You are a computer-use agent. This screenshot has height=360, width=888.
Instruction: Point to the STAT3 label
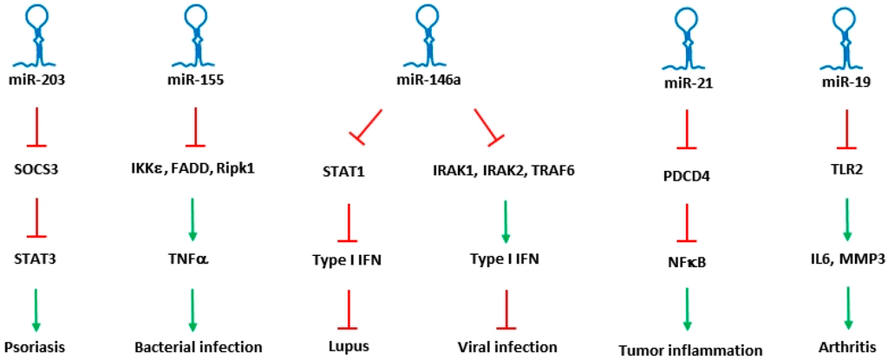click(x=36, y=259)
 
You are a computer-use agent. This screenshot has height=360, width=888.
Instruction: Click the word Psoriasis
click(x=36, y=347)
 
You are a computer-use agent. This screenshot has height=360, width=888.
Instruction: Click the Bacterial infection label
click(x=198, y=347)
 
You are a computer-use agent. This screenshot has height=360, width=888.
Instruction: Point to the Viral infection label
click(x=507, y=347)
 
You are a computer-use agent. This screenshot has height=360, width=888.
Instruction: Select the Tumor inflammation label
click(x=690, y=350)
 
